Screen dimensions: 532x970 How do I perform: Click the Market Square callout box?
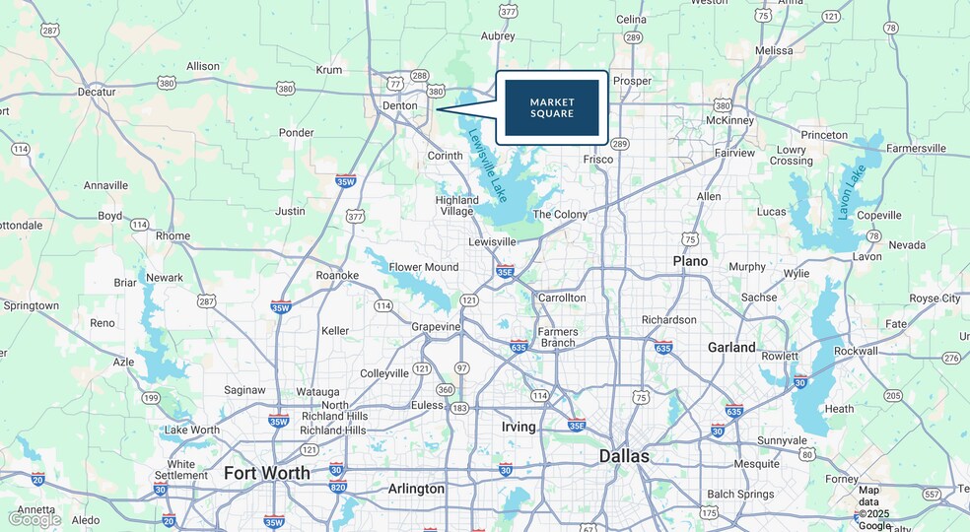(552, 107)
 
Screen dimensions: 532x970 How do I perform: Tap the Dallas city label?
(625, 456)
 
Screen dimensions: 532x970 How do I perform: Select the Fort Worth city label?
(266, 473)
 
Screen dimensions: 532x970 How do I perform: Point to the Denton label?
(399, 105)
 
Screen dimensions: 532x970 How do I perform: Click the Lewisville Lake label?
(488, 166)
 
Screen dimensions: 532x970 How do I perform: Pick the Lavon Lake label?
(851, 191)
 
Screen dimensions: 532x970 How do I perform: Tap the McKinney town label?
(730, 121)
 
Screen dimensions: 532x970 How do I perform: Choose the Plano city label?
(690, 261)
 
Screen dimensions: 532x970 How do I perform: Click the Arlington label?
(416, 489)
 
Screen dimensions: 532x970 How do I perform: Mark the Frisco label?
(598, 159)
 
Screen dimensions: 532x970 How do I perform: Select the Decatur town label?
(97, 92)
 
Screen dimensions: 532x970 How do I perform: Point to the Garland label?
(731, 347)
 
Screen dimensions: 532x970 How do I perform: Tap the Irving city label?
(519, 427)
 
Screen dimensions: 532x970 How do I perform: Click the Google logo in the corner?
(35, 519)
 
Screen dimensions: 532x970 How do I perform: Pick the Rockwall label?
(856, 351)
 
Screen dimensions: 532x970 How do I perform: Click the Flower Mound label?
(424, 267)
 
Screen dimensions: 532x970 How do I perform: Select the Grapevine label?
(436, 326)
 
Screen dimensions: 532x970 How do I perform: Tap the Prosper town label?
(632, 81)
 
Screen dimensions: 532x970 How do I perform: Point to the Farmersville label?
(916, 149)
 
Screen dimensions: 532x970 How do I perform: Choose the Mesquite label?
(756, 463)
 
